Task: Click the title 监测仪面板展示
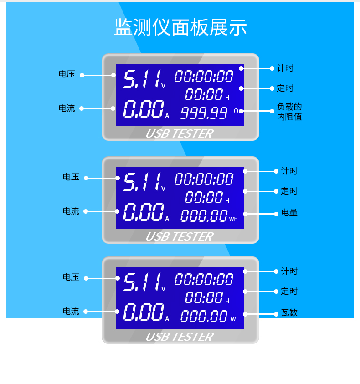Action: [180, 28]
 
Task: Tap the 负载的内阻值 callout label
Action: [289, 112]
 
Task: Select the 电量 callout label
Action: [289, 213]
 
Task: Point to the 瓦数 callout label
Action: [289, 313]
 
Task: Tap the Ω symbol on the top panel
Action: [236, 111]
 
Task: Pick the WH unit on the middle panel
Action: [233, 219]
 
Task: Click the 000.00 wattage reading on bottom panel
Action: [204, 316]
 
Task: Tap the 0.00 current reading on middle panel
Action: [143, 212]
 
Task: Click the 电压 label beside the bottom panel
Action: [71, 277]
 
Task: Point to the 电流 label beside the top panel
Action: [67, 108]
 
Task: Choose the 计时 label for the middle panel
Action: [289, 171]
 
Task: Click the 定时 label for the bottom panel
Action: [289, 292]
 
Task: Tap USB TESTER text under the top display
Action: [179, 134]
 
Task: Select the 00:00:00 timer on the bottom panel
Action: [204, 279]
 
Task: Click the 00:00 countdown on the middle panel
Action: [204, 197]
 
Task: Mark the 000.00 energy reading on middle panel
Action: [204, 215]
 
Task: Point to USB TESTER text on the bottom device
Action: [179, 337]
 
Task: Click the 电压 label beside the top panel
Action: [67, 74]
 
